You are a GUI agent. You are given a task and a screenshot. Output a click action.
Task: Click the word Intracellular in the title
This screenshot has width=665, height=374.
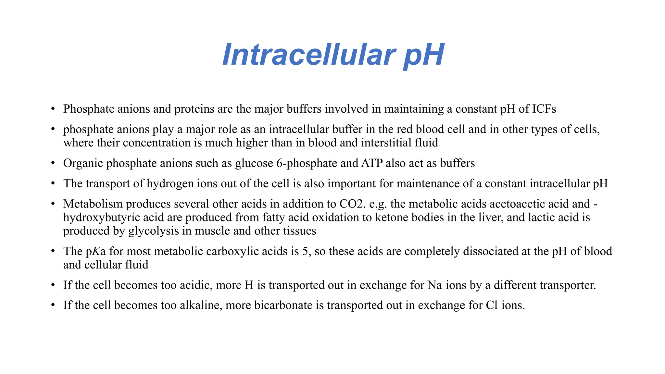point(308,55)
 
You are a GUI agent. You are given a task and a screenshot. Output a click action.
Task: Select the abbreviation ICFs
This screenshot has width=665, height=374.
point(544,109)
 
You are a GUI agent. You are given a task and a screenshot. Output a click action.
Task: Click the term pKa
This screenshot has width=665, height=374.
point(96,252)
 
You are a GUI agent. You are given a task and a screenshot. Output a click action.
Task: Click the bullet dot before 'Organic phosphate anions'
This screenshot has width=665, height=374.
point(53,163)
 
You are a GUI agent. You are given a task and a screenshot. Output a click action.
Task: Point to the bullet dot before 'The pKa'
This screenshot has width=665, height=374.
point(53,252)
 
